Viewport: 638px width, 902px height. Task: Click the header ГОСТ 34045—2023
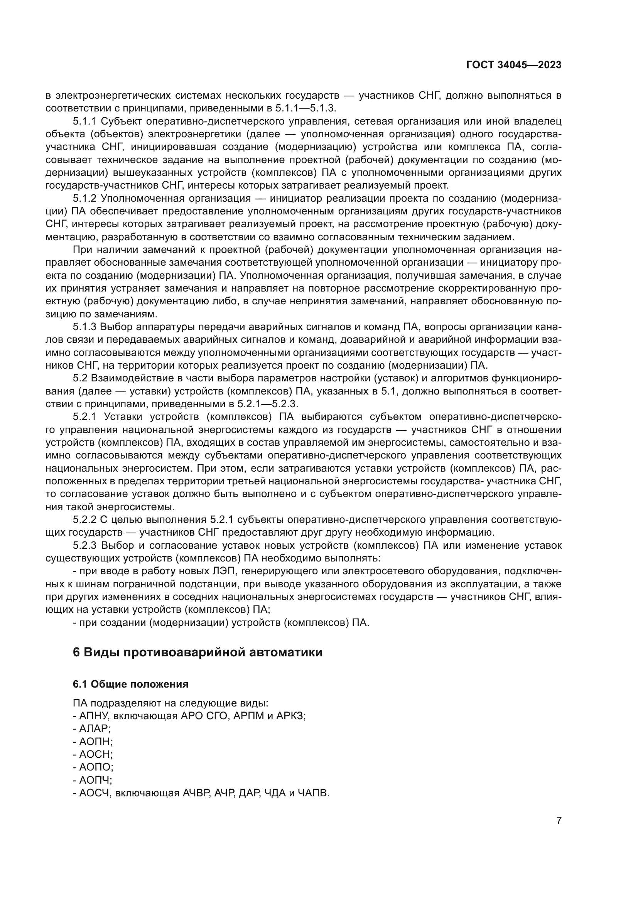[x=513, y=65]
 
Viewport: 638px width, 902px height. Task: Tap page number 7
[x=559, y=820]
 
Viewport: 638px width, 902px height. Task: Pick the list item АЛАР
[x=94, y=729]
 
